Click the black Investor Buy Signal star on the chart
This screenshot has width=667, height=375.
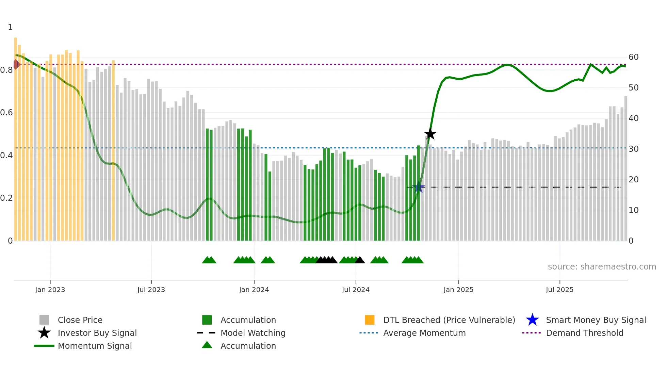pyautogui.click(x=430, y=134)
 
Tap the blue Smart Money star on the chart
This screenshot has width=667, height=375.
pyautogui.click(x=419, y=187)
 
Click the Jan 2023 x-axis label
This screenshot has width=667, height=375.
pyautogui.click(x=50, y=290)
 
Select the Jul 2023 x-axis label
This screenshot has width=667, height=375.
pyautogui.click(x=151, y=290)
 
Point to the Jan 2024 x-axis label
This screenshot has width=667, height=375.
pyautogui.click(x=254, y=290)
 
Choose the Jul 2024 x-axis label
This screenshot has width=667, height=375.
pyautogui.click(x=356, y=290)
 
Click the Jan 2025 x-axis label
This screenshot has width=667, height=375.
pyautogui.click(x=458, y=290)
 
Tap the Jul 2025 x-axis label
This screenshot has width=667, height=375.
pyautogui.click(x=559, y=290)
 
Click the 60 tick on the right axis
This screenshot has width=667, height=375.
pyautogui.click(x=633, y=57)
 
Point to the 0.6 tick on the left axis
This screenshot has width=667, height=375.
pyautogui.click(x=6, y=113)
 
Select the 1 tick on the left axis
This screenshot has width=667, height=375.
pyautogui.click(x=10, y=27)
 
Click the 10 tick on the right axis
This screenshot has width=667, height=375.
pyautogui.click(x=633, y=210)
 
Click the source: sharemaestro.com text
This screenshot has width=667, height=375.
pyautogui.click(x=602, y=267)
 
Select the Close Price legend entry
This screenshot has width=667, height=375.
pyautogui.click(x=80, y=320)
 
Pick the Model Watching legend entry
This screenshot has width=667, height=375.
pyautogui.click(x=253, y=333)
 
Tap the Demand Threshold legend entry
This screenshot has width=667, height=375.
pyautogui.click(x=584, y=333)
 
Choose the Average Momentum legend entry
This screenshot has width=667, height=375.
pyautogui.click(x=424, y=333)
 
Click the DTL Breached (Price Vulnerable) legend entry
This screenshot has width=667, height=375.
pyautogui.click(x=449, y=320)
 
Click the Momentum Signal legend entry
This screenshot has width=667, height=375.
pyautogui.click(x=95, y=346)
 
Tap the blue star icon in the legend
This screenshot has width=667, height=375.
pyautogui.click(x=532, y=320)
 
